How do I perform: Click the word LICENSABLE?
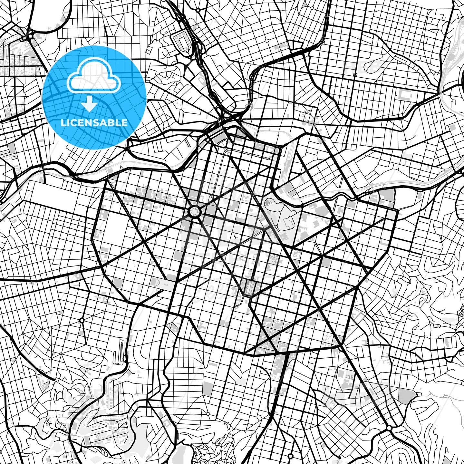coord(94,123)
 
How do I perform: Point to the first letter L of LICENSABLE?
coord(63,123)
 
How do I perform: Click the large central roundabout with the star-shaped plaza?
coord(195,211)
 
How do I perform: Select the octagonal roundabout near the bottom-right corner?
coord(389,428)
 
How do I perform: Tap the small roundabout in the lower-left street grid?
coord(82,320)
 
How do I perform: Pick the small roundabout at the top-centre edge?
coord(198,10)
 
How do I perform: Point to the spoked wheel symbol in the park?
coord(267,203)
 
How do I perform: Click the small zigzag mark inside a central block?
coord(237,238)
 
